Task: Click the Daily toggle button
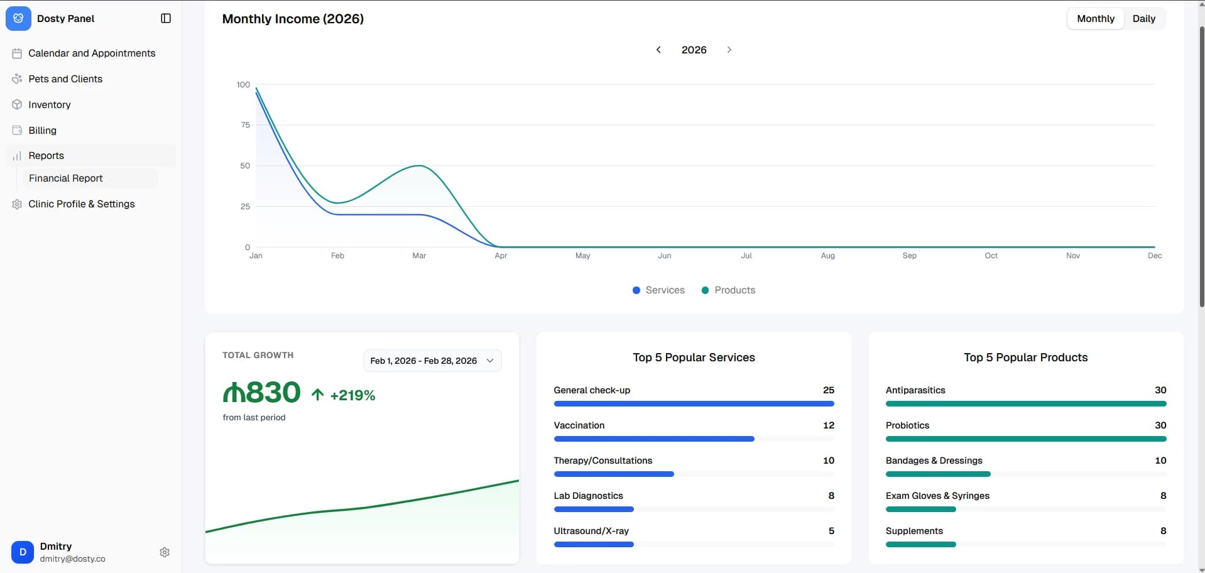coord(1143,19)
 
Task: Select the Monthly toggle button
coord(1095,19)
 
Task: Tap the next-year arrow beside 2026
coord(729,50)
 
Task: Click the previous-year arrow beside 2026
coord(658,50)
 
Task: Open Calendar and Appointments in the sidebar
coord(91,53)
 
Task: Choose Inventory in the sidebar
coord(49,105)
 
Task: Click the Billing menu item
coord(42,131)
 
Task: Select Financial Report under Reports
coord(65,178)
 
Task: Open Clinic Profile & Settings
coord(81,204)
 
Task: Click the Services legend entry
coord(658,290)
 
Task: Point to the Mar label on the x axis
coord(419,256)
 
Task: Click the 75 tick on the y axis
coord(245,125)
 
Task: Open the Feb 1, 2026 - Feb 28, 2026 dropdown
coord(432,361)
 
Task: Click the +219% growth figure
coord(352,395)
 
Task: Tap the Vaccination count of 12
coord(828,425)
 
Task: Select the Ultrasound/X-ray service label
coord(591,531)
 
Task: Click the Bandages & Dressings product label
coord(934,461)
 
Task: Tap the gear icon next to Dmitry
coord(165,552)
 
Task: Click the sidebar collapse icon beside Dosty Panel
coord(166,19)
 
